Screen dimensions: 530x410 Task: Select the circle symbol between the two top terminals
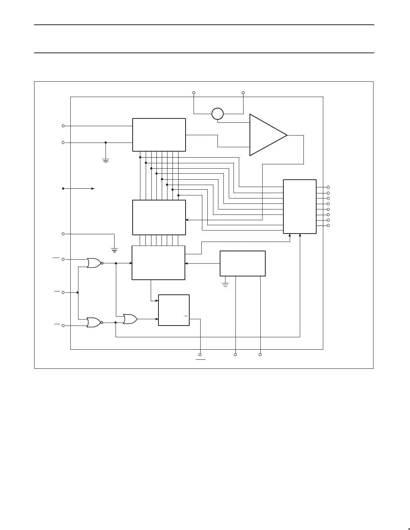[x=217, y=114]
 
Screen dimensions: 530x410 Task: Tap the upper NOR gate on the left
[x=94, y=263]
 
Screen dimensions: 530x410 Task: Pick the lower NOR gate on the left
[x=93, y=323]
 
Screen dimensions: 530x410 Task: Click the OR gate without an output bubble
[x=130, y=319]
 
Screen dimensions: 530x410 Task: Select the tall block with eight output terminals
[x=300, y=206]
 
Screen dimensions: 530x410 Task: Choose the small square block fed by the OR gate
[x=174, y=310]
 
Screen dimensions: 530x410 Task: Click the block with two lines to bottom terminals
[x=243, y=263]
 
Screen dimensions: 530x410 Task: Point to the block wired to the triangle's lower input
[x=159, y=135]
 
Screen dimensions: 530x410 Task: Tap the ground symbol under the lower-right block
[x=225, y=285]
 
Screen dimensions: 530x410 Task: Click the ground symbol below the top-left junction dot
[x=106, y=161]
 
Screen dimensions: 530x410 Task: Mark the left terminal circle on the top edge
[x=194, y=93]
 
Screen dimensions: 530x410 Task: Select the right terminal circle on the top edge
[x=243, y=93]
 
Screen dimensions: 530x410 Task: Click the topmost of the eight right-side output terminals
[x=328, y=187]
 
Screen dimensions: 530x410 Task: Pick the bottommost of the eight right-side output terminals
[x=328, y=226]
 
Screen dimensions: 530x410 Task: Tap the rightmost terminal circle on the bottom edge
[x=260, y=354]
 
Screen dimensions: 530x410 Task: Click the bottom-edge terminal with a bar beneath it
[x=200, y=354]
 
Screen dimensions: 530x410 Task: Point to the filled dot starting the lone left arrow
[x=63, y=189]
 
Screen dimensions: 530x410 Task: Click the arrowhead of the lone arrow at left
[x=93, y=189]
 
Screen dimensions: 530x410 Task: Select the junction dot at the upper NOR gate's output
[x=116, y=263]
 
